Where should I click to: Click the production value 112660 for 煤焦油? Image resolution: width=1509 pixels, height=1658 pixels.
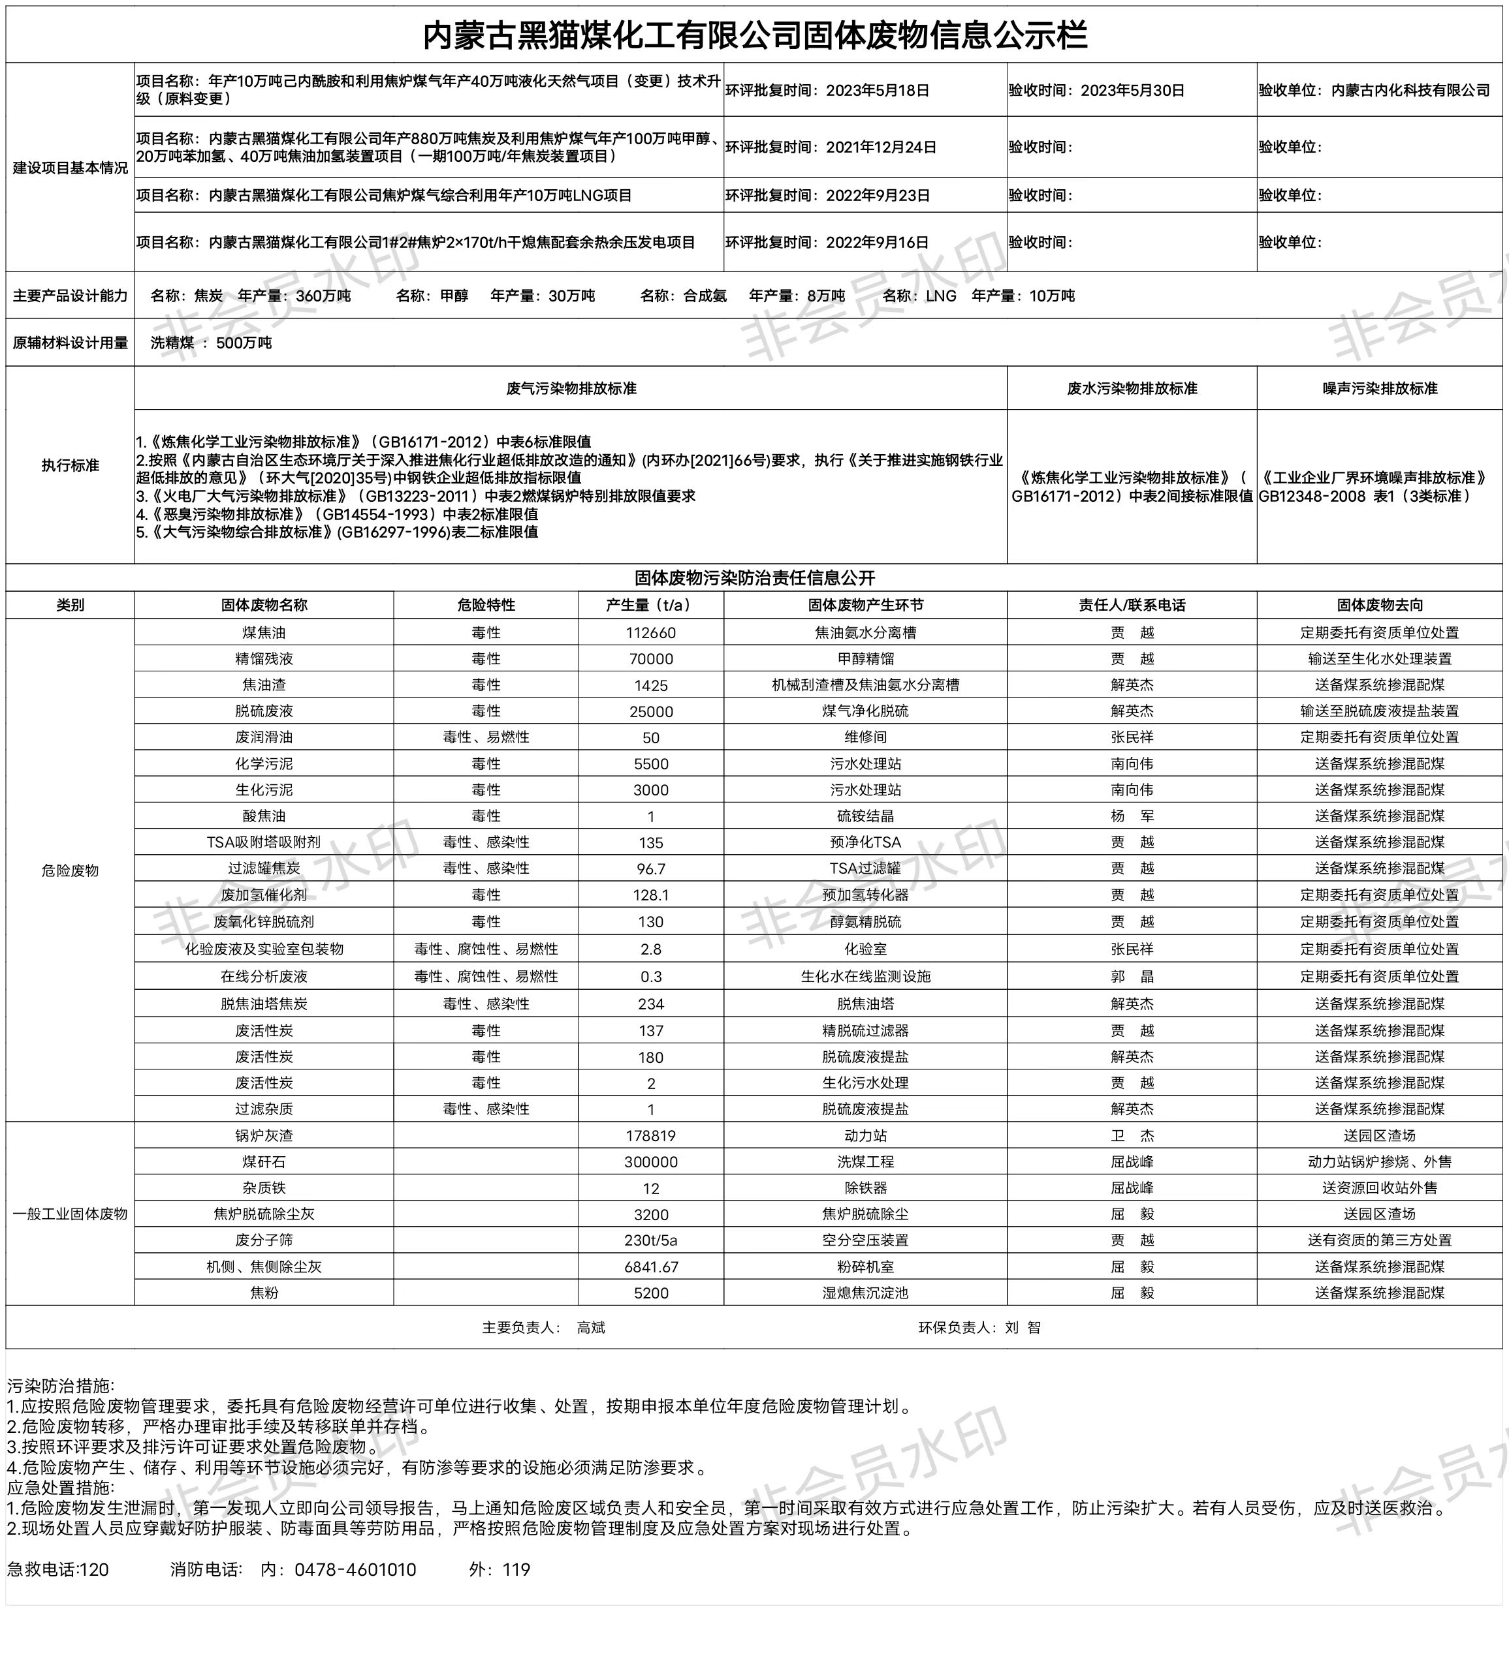(x=651, y=632)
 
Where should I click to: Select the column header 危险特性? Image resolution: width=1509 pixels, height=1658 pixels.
(x=486, y=604)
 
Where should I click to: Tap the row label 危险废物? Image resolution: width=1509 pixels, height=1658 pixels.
(x=70, y=870)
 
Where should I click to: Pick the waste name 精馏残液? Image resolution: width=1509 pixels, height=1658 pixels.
(x=264, y=659)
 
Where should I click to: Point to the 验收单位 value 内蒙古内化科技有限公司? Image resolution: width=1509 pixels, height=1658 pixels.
(x=1410, y=91)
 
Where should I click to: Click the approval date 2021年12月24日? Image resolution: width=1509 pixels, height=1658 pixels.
(x=880, y=147)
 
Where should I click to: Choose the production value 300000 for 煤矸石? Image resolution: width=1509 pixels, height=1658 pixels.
(x=651, y=1162)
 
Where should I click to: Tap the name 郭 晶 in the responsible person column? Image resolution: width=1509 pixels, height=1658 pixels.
(x=1132, y=976)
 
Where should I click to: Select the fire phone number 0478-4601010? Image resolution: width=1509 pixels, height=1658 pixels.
(x=355, y=1569)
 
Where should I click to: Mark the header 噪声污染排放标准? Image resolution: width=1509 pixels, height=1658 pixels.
(x=1380, y=388)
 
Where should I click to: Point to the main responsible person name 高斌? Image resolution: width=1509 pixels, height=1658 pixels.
(x=591, y=1327)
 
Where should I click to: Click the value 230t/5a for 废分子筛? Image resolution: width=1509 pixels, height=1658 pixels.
(x=651, y=1240)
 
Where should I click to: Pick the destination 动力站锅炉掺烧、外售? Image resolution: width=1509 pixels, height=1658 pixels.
(x=1380, y=1162)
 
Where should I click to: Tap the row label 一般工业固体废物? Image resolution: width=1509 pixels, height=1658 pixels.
(x=70, y=1214)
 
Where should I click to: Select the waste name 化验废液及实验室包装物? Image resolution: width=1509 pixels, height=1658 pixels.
(x=264, y=949)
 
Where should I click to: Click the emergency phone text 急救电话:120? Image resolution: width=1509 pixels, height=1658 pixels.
(x=58, y=1569)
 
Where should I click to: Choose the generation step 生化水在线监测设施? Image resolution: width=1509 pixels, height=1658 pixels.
(x=866, y=976)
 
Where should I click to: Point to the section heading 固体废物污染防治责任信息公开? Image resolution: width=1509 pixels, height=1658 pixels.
(x=755, y=577)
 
